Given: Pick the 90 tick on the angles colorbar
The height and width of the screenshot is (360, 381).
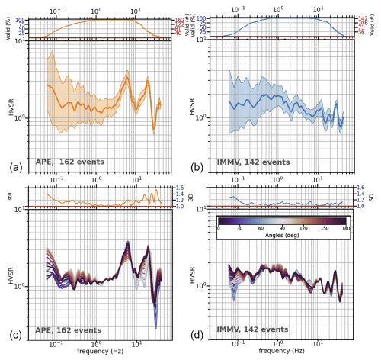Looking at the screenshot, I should point(283,227).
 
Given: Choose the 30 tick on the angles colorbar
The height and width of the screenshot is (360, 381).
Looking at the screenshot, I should point(240,227).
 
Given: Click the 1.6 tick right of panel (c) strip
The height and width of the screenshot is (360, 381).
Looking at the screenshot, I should point(180,188).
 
